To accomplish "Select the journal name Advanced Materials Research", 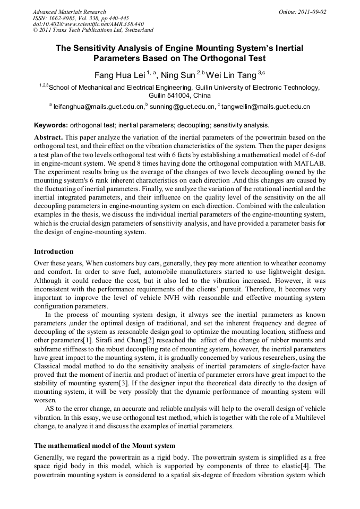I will point(69,12).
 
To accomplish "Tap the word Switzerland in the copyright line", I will point(136,30).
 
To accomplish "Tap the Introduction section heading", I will point(54,251).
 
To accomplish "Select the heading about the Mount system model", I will point(105,445).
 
